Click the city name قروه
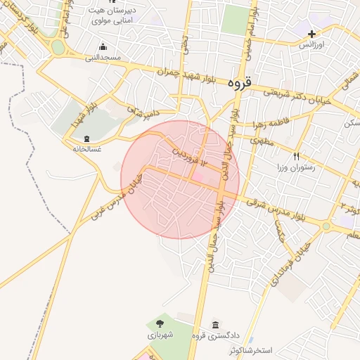pyautogui.click(x=239, y=82)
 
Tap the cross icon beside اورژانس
pyautogui.click(x=311, y=33)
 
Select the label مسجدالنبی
pyautogui.click(x=104, y=56)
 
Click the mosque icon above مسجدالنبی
pyautogui.click(x=104, y=46)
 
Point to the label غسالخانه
pyautogui.click(x=87, y=149)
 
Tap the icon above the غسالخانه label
pyautogui.click(x=87, y=139)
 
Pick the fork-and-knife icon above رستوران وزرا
pyautogui.click(x=297, y=156)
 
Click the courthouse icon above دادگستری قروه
pyautogui.click(x=215, y=326)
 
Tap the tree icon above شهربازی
pyautogui.click(x=160, y=324)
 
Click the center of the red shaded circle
pyautogui.click(x=180, y=179)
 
